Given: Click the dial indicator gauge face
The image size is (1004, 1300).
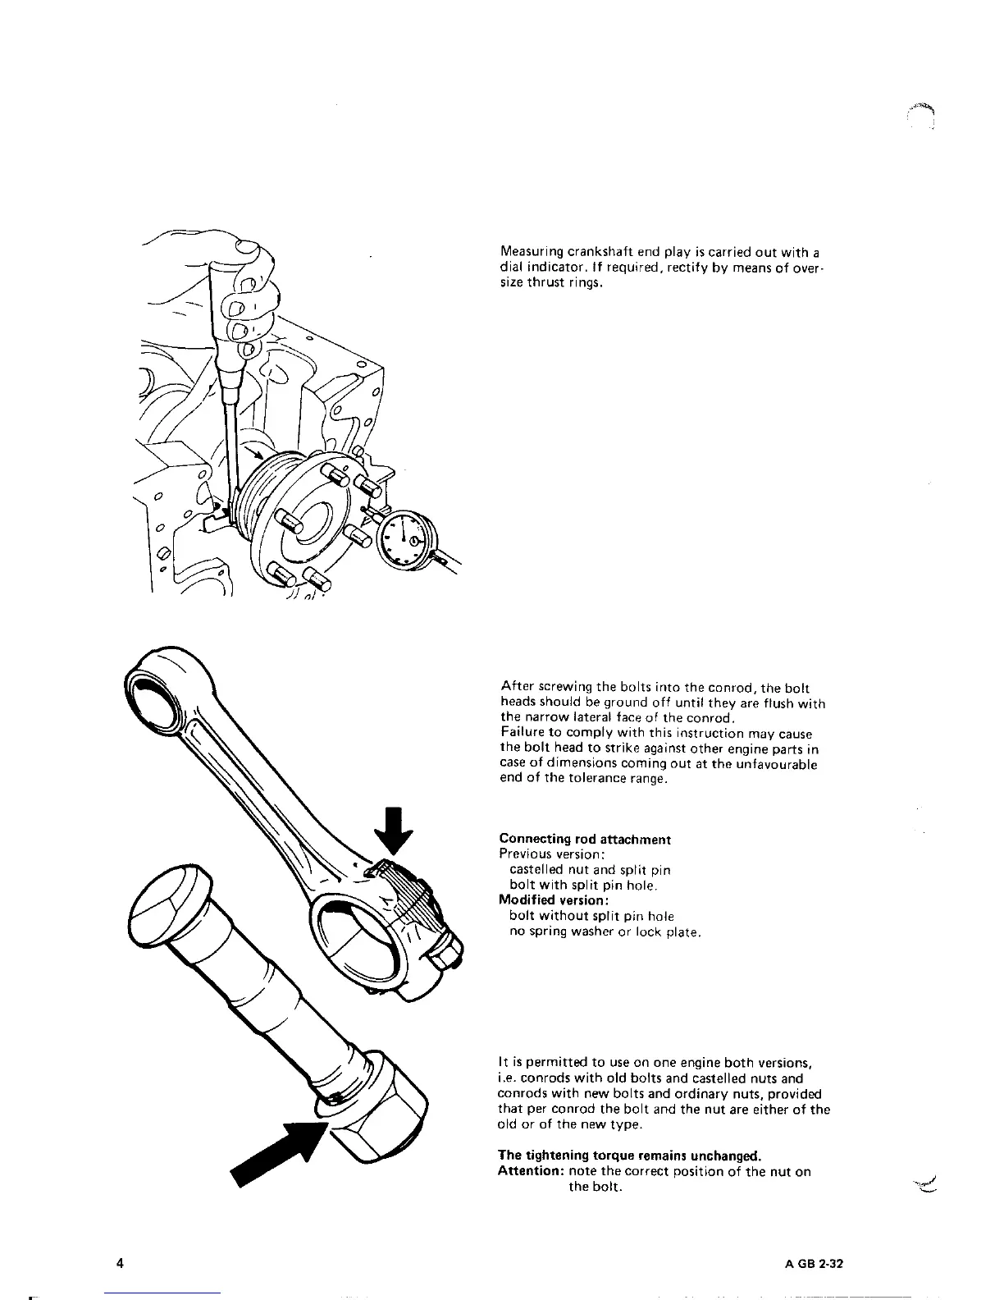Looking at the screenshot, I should pos(406,538).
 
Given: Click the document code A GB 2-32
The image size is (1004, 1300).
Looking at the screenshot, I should pos(810,1264).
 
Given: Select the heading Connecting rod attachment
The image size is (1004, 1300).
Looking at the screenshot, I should pos(585,839).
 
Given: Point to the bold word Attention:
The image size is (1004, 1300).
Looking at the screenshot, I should pos(527,1171).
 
